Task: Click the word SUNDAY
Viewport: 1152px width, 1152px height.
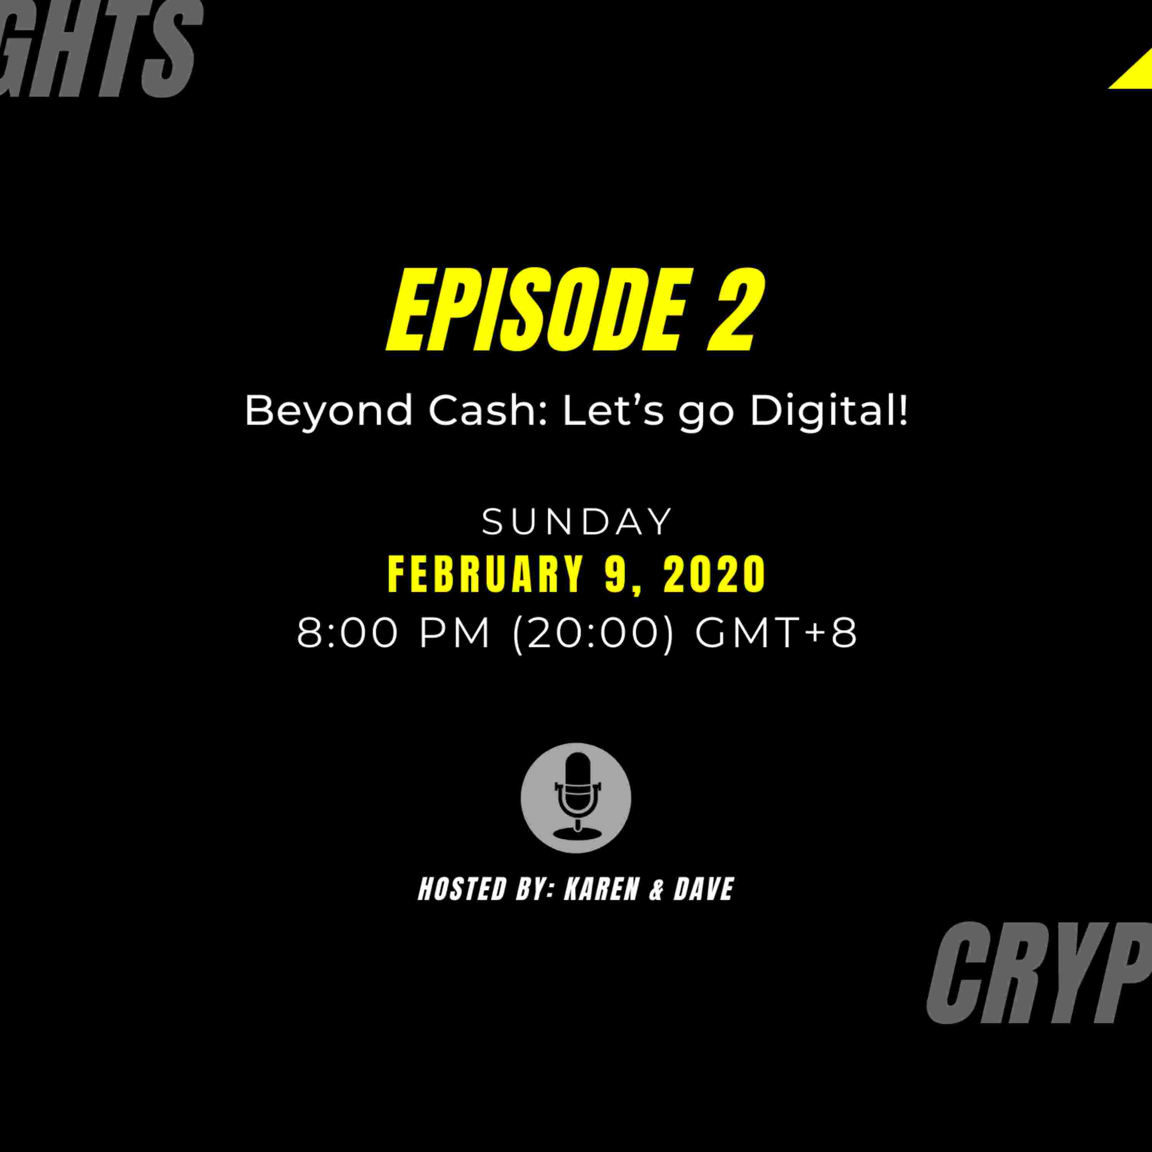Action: [x=577, y=522]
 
